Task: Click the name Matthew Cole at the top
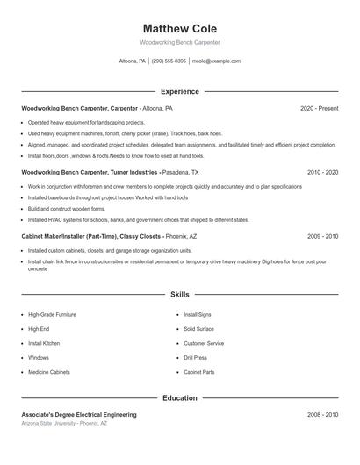pyautogui.click(x=179, y=29)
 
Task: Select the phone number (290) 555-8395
pyautogui.click(x=169, y=61)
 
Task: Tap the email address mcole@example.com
pyautogui.click(x=216, y=61)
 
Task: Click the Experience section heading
pyautogui.click(x=179, y=91)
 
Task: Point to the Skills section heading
pyautogui.click(x=179, y=295)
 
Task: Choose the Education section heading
pyautogui.click(x=179, y=397)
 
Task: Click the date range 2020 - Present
pyautogui.click(x=319, y=108)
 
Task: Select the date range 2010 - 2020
pyautogui.click(x=322, y=173)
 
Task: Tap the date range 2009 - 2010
pyautogui.click(x=322, y=237)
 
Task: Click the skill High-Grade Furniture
pyautogui.click(x=52, y=314)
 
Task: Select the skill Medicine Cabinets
pyautogui.click(x=49, y=373)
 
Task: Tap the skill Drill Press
pyautogui.click(x=195, y=358)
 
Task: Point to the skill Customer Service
pyautogui.click(x=204, y=343)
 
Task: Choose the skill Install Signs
pyautogui.click(x=198, y=314)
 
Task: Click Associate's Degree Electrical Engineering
pyautogui.click(x=79, y=414)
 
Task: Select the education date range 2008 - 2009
pyautogui.click(x=322, y=414)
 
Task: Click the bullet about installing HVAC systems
pyautogui.click(x=138, y=220)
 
